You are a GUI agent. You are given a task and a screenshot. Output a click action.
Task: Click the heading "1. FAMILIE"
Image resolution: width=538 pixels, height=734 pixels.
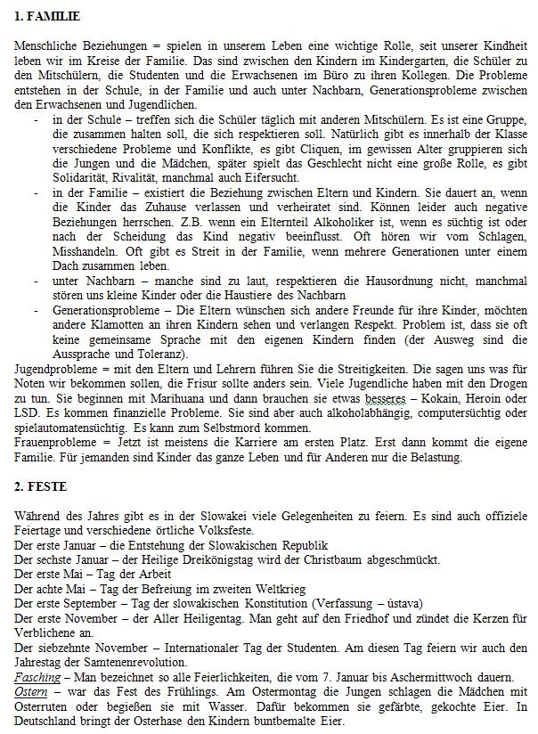pyautogui.click(x=47, y=17)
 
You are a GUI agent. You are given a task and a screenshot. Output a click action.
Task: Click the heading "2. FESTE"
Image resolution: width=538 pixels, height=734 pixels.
pyautogui.click(x=40, y=489)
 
